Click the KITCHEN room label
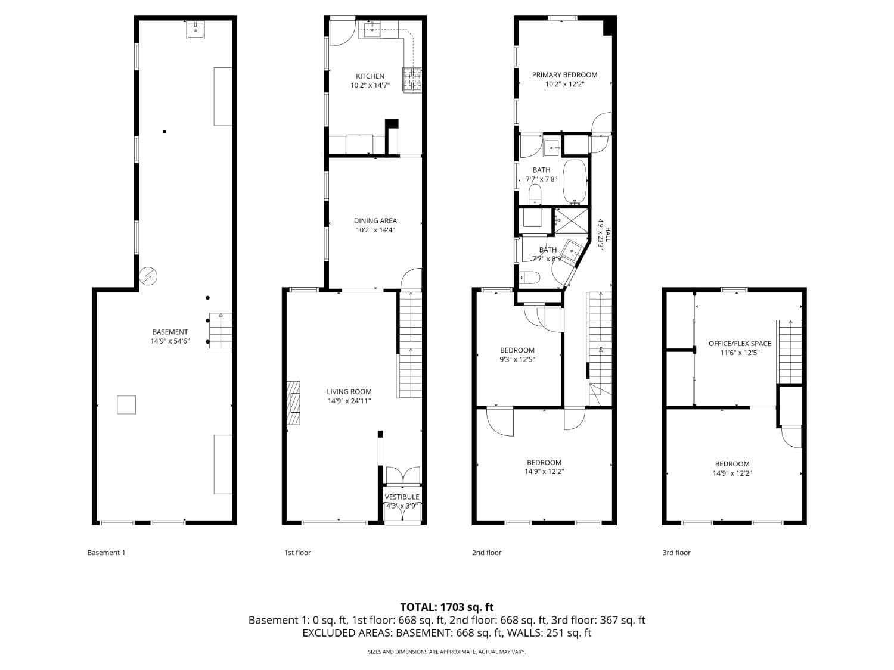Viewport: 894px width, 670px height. click(370, 76)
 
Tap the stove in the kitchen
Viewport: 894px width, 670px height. click(412, 80)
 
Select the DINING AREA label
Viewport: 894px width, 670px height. click(375, 221)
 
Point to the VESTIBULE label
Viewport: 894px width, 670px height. click(402, 497)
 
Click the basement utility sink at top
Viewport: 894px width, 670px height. click(195, 30)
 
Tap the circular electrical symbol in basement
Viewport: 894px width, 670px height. click(148, 276)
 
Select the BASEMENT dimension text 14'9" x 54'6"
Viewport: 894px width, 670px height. click(170, 341)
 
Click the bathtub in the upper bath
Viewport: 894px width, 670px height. click(575, 181)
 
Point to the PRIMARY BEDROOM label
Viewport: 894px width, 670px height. click(564, 75)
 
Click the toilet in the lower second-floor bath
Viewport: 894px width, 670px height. click(529, 278)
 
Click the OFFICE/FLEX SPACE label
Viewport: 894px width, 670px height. click(740, 344)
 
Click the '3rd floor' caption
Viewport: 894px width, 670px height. click(676, 553)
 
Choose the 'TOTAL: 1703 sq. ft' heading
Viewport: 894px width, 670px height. click(446, 607)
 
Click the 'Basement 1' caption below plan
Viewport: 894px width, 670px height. click(106, 553)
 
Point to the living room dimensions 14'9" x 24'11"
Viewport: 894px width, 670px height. click(349, 401)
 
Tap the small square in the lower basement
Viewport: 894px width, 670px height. click(126, 404)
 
